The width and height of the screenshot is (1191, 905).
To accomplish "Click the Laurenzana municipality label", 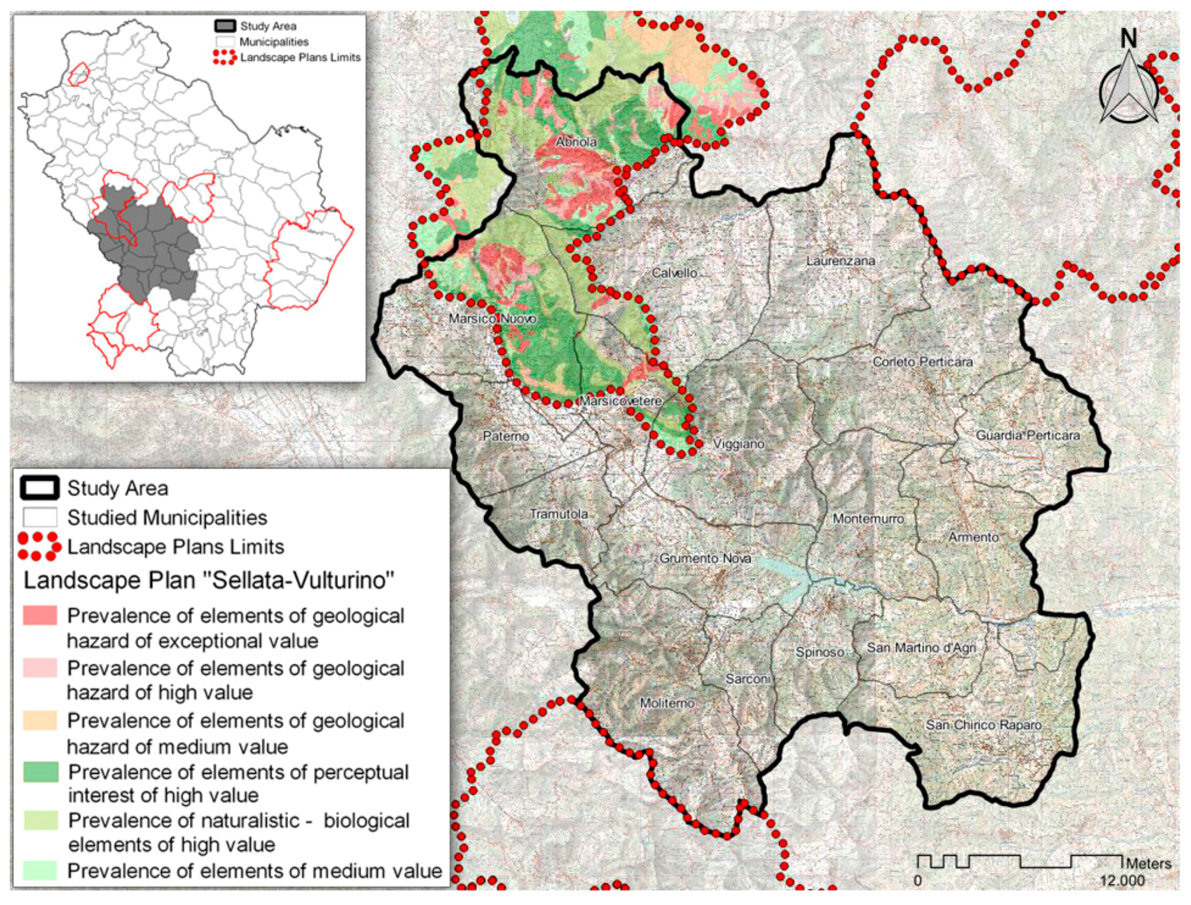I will point(840,261).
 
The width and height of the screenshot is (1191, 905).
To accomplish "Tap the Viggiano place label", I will point(738,444).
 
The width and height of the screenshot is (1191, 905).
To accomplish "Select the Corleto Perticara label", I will point(922,362).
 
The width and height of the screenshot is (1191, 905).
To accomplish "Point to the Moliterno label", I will point(666,703).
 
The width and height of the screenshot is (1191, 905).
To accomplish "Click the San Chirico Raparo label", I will point(983,725).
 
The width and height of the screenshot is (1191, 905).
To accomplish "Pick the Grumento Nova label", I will point(705,558).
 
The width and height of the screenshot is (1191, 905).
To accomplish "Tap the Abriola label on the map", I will point(575,142).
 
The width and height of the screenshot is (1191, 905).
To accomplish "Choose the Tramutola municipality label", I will point(558,514).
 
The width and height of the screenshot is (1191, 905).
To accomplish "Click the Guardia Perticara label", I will point(1027,435).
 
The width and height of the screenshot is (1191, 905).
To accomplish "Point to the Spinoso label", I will point(819,652).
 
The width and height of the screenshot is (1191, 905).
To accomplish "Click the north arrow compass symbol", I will point(1128,87).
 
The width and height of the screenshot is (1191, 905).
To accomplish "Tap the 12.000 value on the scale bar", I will point(1121,880).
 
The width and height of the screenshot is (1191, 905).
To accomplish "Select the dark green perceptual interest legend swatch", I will point(40,772).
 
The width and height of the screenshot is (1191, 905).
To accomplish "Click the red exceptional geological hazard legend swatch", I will point(40,615).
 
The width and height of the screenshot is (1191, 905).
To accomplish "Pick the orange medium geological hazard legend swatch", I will point(40,721).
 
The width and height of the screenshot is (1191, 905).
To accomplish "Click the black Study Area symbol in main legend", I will point(40,488).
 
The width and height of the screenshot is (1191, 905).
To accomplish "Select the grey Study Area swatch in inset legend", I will point(225,26).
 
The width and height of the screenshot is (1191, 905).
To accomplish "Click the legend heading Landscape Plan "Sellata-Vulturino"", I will point(209,580).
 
